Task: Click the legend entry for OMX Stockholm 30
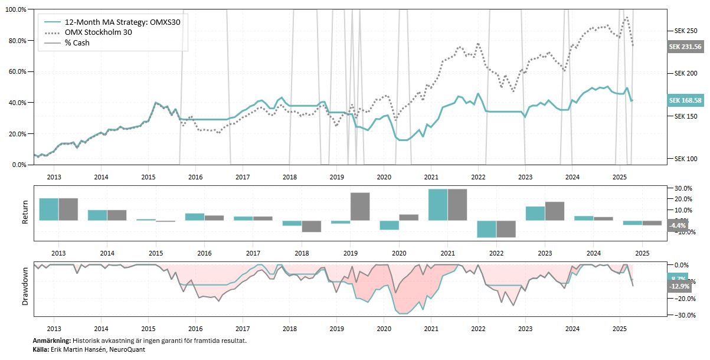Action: pos(98,32)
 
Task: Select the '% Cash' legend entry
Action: pos(77,43)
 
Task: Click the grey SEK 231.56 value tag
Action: pos(685,47)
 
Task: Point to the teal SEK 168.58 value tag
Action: pos(685,100)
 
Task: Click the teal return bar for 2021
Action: pos(438,205)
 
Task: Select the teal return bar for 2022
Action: pos(486,229)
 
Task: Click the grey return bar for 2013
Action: pos(68,209)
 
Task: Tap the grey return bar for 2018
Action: pos(312,226)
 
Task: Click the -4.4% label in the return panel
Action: pos(677,225)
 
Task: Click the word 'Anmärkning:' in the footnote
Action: pos(52,341)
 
